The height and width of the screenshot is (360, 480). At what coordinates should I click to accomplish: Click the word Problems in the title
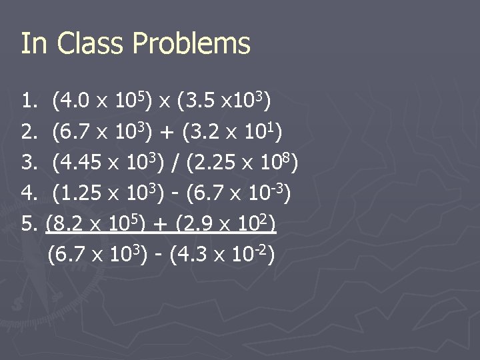click(191, 44)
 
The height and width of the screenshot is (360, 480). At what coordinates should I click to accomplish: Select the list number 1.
click(29, 103)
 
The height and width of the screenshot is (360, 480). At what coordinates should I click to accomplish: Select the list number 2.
click(29, 132)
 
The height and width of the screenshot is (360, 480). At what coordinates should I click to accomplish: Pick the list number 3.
click(29, 162)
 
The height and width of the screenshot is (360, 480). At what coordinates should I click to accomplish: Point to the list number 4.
click(29, 193)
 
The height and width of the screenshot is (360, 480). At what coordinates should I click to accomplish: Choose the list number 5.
click(29, 223)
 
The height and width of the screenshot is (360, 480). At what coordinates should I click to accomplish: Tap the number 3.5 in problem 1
click(201, 103)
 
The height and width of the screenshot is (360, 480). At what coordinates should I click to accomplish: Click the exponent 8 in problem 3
click(291, 157)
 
